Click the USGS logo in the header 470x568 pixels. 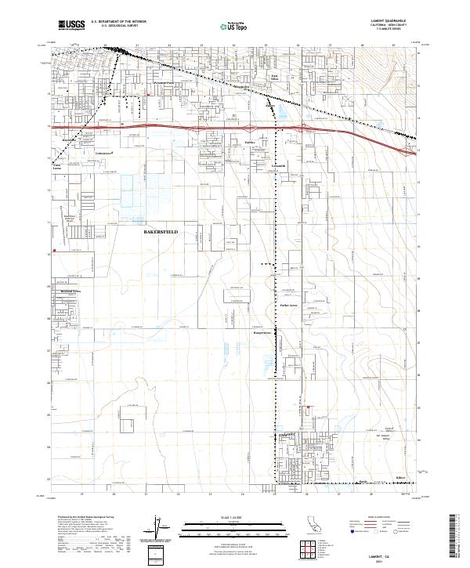(x=71, y=25)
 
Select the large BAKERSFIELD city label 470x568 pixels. (x=166, y=233)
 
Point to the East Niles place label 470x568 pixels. (x=274, y=97)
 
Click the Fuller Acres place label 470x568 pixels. (x=289, y=304)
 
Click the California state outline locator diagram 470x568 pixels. (x=269, y=524)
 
